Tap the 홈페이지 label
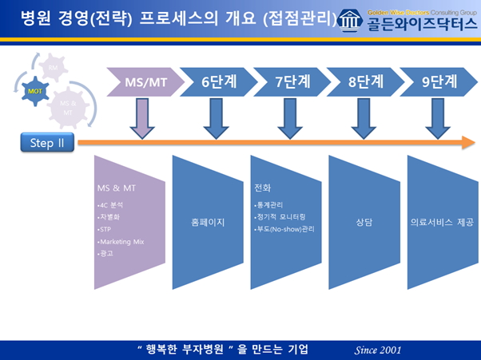208,223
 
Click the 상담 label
364,223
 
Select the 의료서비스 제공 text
437,223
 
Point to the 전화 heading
262,190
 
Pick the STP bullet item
104,227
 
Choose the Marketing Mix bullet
119,240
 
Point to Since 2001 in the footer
378,350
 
